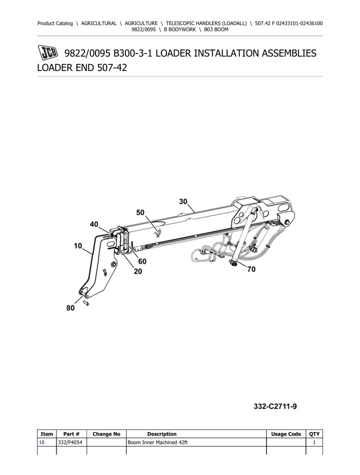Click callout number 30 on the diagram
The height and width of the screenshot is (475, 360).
(183, 201)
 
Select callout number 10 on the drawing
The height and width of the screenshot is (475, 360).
(78, 246)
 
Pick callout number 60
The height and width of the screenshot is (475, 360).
(142, 261)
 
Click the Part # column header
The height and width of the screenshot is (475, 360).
(72, 434)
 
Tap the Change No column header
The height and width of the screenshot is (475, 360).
(106, 434)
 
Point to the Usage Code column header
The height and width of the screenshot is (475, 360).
(285, 434)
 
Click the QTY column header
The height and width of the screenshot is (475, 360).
(314, 434)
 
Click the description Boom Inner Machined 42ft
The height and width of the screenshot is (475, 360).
(157, 442)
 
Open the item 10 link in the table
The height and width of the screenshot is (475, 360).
(42, 442)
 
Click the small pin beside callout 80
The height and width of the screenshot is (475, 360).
(86, 301)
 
